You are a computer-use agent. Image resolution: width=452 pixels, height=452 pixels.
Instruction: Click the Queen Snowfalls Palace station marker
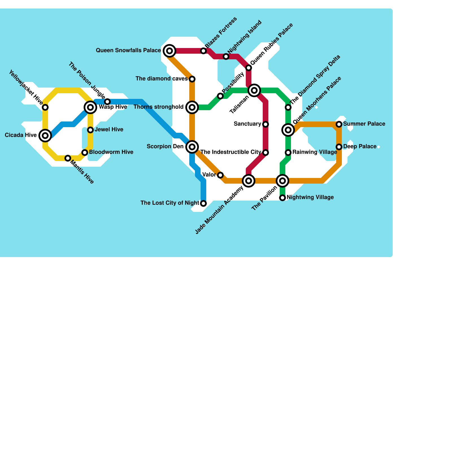[x=169, y=51]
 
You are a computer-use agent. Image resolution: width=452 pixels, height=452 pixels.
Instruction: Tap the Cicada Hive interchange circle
[x=45, y=136]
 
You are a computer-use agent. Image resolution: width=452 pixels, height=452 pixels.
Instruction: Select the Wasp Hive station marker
[x=90, y=107]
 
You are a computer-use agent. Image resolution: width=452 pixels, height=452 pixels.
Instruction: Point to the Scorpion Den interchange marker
[x=192, y=147]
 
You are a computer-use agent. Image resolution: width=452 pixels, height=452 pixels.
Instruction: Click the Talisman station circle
[x=254, y=90]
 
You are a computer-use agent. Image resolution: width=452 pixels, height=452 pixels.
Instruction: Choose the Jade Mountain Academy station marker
[x=249, y=181]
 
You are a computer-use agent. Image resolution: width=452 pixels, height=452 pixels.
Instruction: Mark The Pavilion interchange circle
[x=282, y=181]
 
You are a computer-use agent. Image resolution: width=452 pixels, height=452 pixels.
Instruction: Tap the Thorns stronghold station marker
[x=192, y=107]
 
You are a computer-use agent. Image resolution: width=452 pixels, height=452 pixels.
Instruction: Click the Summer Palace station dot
[x=339, y=124]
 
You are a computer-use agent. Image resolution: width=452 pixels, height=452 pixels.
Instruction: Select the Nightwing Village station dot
[x=282, y=198]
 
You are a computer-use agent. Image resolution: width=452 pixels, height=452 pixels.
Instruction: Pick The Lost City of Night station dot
[x=203, y=203]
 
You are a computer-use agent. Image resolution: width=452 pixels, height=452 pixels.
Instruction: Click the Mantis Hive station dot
[x=68, y=158]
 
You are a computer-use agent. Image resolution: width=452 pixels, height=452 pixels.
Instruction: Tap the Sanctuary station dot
[x=266, y=124]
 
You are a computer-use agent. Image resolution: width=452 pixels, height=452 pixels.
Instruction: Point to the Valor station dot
[x=220, y=175]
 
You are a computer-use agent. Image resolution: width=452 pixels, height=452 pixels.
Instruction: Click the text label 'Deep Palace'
[x=360, y=147]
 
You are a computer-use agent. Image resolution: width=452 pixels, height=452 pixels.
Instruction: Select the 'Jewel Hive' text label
[x=109, y=130]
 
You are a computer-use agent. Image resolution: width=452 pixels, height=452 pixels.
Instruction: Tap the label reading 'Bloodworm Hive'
[x=111, y=152]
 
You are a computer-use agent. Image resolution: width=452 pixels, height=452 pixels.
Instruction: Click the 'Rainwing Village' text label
[x=314, y=152]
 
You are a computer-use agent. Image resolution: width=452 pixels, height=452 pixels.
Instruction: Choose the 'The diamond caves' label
[x=162, y=79]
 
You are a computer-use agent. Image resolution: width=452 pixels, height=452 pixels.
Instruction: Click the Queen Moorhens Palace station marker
[x=288, y=130]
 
